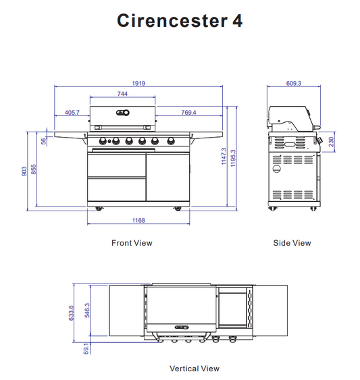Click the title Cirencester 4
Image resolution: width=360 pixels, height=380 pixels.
[x=180, y=21]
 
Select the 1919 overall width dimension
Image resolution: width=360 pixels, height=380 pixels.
[x=139, y=83]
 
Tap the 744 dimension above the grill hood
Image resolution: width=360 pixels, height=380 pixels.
[x=123, y=94]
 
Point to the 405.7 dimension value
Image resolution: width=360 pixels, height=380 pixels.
[x=72, y=113]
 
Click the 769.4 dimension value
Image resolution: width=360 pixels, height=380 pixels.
[x=188, y=113]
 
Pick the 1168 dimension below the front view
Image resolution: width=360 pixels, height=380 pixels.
[x=138, y=221]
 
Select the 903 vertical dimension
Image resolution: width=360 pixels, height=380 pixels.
[x=25, y=171]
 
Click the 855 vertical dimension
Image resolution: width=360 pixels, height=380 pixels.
[x=34, y=170]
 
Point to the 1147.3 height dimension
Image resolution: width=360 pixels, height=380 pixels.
[x=224, y=159]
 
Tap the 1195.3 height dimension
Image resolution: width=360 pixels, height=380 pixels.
[x=233, y=159]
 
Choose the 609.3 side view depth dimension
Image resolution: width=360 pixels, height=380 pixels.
[x=293, y=84]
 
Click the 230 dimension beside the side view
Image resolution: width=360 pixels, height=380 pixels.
[x=331, y=142]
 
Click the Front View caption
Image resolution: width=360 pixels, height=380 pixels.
[x=132, y=243]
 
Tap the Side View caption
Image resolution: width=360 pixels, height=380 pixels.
[x=292, y=243]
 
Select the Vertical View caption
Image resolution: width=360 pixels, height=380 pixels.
[x=194, y=369]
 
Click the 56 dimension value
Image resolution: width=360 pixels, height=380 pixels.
[x=44, y=141]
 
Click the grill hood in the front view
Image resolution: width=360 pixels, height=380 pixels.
[x=123, y=116]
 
